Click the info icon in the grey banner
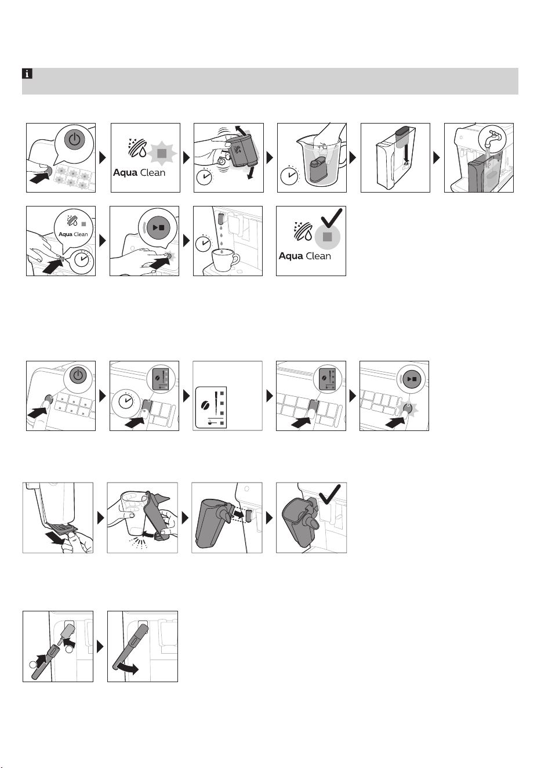click(x=27, y=73)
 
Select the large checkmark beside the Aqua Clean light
click(x=331, y=218)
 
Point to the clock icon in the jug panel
click(x=289, y=176)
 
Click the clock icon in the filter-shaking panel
click(x=205, y=176)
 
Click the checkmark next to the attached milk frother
click(x=330, y=494)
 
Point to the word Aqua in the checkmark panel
click(x=291, y=256)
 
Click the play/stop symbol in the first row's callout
click(x=159, y=227)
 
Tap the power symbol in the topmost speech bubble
click(x=74, y=140)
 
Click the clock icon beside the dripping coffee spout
click(x=204, y=244)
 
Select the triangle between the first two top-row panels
click(x=103, y=157)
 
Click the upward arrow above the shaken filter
click(x=240, y=131)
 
